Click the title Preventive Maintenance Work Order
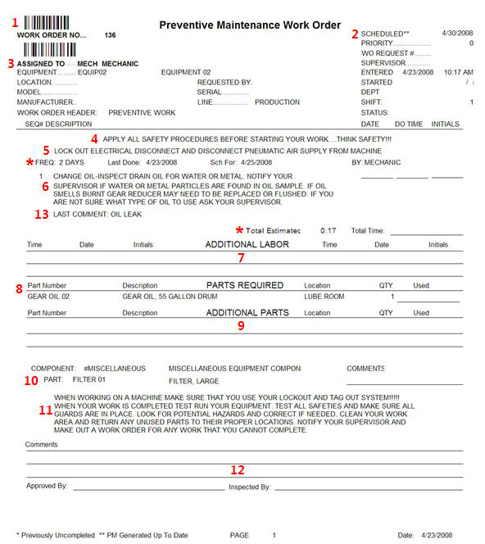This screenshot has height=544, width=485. tap(249, 25)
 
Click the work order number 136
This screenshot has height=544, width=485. tap(112, 36)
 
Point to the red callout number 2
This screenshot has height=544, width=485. tap(355, 34)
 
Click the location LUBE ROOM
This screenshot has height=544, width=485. tap(324, 296)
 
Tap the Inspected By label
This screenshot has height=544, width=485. tap(249, 487)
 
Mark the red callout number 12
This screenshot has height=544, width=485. tap(238, 470)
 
